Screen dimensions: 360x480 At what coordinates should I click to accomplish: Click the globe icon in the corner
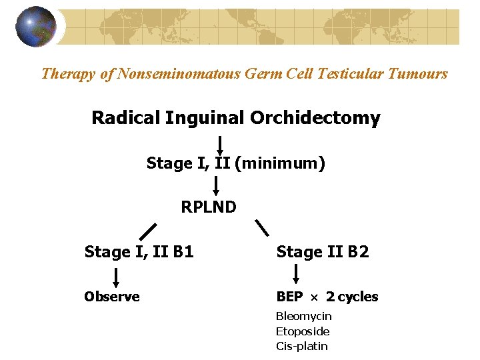pyautogui.click(x=37, y=27)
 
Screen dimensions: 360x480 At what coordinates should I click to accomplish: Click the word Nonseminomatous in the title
pyautogui.click(x=180, y=73)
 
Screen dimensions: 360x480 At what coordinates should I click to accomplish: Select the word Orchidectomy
pyautogui.click(x=315, y=119)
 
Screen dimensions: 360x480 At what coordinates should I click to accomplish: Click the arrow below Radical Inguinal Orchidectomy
pyautogui.click(x=219, y=144)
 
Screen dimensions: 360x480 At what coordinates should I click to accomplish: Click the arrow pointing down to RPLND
pyautogui.click(x=215, y=185)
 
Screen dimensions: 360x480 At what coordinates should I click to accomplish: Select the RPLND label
pyautogui.click(x=209, y=207)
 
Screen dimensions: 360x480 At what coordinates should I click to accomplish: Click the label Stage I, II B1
pyautogui.click(x=139, y=252)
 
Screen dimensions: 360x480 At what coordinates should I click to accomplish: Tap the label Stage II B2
pyautogui.click(x=323, y=252)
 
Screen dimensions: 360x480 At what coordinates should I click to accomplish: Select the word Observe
pyautogui.click(x=112, y=297)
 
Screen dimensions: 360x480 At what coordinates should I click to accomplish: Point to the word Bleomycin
pyautogui.click(x=303, y=316)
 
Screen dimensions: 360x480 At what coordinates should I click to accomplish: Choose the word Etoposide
pyautogui.click(x=303, y=331)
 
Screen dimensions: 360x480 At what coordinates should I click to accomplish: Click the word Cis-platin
pyautogui.click(x=302, y=346)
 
